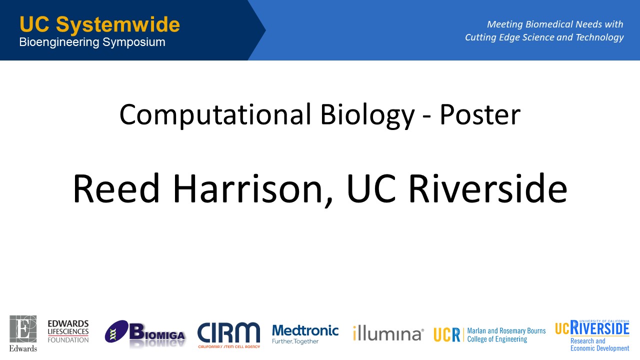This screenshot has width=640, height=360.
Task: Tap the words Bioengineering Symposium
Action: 92,42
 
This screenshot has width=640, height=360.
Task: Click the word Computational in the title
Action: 215,114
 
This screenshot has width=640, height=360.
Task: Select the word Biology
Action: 367,115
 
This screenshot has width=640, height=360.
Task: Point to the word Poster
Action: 480,114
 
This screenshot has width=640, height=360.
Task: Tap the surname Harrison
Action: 248,189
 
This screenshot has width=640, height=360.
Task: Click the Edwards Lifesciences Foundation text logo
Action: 68,331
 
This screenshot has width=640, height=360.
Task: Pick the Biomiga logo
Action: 145,333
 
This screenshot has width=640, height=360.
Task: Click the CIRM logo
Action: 228,335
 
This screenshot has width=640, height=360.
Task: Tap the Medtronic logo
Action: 305,334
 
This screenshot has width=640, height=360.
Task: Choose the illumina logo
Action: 388,333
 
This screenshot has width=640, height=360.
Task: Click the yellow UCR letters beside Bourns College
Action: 446,334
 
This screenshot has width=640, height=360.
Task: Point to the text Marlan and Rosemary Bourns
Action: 506,331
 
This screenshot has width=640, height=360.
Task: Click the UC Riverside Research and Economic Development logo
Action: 592,335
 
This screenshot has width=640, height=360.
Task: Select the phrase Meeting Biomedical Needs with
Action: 555,24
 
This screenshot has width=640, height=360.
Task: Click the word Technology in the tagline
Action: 599,37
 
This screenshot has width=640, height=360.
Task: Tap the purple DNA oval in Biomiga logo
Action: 116,331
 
